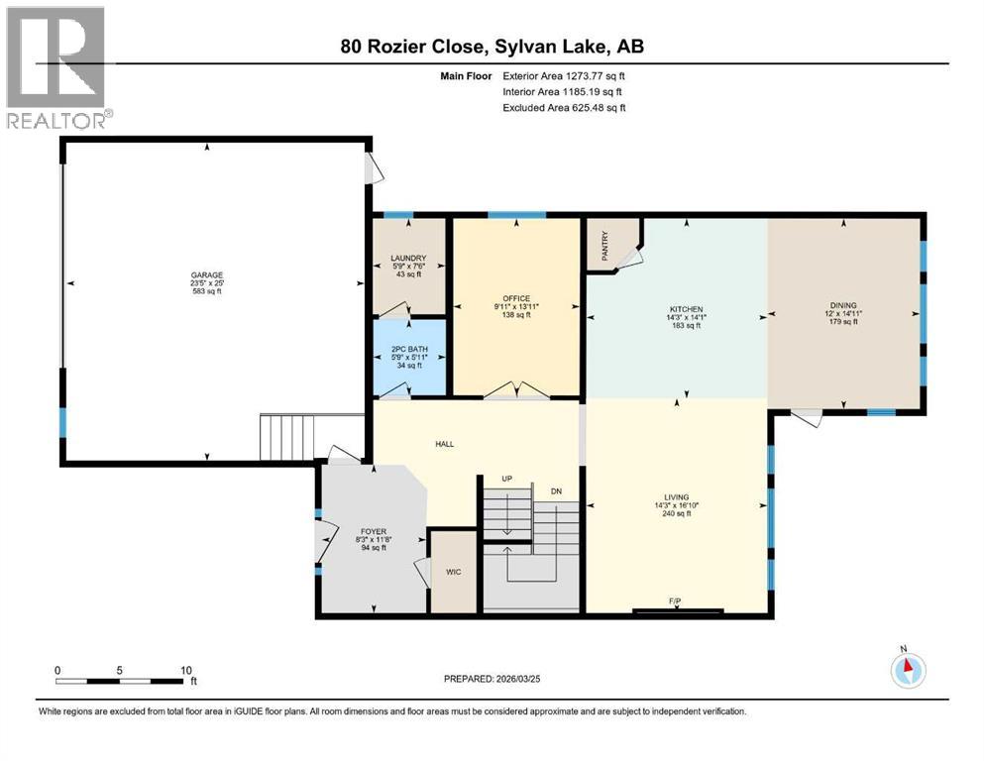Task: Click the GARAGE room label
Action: (207, 274)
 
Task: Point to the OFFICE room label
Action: (515, 298)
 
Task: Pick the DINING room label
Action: (843, 305)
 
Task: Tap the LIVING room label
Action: (677, 496)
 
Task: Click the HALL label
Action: (444, 444)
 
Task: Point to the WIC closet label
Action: (454, 572)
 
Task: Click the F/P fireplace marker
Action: (675, 601)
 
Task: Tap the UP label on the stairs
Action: (506, 479)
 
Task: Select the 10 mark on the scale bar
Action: (185, 670)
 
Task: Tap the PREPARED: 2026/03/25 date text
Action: (499, 679)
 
